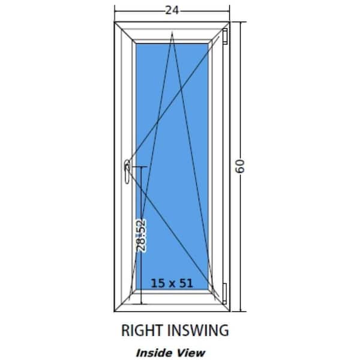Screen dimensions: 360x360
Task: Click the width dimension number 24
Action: tap(172, 10)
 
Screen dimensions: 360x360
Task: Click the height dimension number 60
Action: tap(240, 166)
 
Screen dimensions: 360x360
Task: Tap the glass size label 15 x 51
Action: tap(172, 283)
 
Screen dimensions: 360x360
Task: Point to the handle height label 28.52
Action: tap(141, 235)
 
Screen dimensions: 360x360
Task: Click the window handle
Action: tap(127, 172)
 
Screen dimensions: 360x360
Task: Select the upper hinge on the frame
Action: tap(225, 36)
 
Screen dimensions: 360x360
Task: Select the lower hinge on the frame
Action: tap(224, 293)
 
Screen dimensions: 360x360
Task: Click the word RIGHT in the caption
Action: tap(142, 331)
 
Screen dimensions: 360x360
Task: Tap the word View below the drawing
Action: tap(191, 353)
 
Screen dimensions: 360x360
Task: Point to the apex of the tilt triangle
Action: tap(172, 33)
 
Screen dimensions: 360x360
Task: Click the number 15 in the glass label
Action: tap(158, 283)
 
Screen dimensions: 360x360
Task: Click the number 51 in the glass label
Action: tap(186, 283)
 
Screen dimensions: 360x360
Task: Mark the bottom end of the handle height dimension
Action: tap(141, 304)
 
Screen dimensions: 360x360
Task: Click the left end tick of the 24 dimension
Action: tap(115, 11)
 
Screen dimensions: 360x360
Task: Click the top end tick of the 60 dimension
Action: tap(241, 22)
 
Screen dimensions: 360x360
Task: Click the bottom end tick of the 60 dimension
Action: tap(241, 311)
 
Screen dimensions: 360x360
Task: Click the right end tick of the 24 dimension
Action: tap(229, 11)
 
